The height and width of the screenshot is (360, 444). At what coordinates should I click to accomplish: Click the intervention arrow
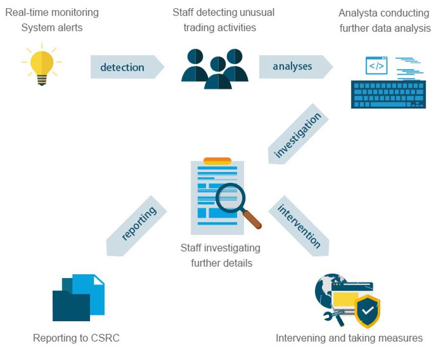tap(298, 225)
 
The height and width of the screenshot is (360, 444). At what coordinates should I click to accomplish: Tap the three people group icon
tap(215, 69)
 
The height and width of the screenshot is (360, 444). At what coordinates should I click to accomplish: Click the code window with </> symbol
tap(376, 66)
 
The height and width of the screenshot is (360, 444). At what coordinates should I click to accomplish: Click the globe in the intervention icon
tap(325, 289)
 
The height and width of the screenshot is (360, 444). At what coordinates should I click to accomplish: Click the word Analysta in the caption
tap(360, 13)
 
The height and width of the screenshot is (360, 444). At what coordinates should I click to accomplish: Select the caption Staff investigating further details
tap(221, 255)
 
